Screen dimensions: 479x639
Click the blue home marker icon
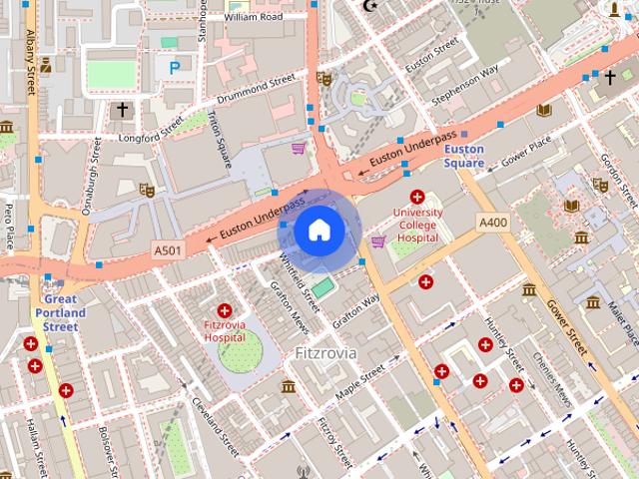pyautogui.click(x=319, y=231)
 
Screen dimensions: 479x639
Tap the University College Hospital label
pyautogui.click(x=417, y=226)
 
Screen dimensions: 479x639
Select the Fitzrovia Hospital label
pyautogui.click(x=225, y=331)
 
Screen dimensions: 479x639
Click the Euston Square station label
pyautogui.click(x=464, y=157)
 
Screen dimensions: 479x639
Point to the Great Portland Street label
pyautogui.click(x=61, y=312)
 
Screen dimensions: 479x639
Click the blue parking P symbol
pyautogui.click(x=175, y=68)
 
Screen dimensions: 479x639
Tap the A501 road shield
pyautogui.click(x=168, y=248)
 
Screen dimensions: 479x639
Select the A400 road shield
pyautogui.click(x=493, y=222)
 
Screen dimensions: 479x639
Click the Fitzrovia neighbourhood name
pyautogui.click(x=326, y=353)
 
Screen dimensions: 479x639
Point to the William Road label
pyautogui.click(x=254, y=17)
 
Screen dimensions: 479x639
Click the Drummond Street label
pyautogui.click(x=257, y=89)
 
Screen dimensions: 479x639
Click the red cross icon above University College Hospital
pyautogui.click(x=417, y=198)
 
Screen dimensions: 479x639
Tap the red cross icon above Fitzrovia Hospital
pyautogui.click(x=225, y=311)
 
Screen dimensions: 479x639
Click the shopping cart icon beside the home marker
pyautogui.click(x=378, y=241)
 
